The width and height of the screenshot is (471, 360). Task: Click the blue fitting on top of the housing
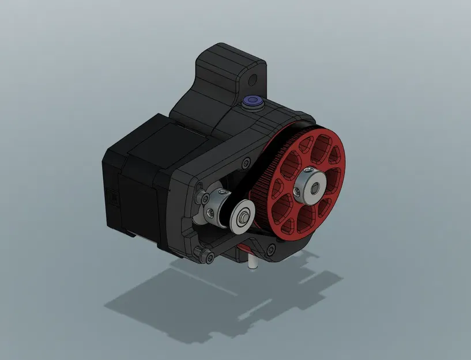coord(252,102)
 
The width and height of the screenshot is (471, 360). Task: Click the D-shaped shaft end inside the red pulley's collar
coord(315,188)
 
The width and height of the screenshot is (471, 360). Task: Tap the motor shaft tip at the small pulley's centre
coord(244,216)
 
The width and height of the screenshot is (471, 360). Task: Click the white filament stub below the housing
coord(253,263)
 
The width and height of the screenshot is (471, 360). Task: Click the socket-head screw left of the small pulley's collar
coord(205,199)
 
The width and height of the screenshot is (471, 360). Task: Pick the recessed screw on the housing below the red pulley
coord(271,249)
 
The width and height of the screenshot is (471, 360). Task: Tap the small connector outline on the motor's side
coord(114,199)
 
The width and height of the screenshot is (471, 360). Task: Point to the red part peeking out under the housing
coord(243,247)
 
